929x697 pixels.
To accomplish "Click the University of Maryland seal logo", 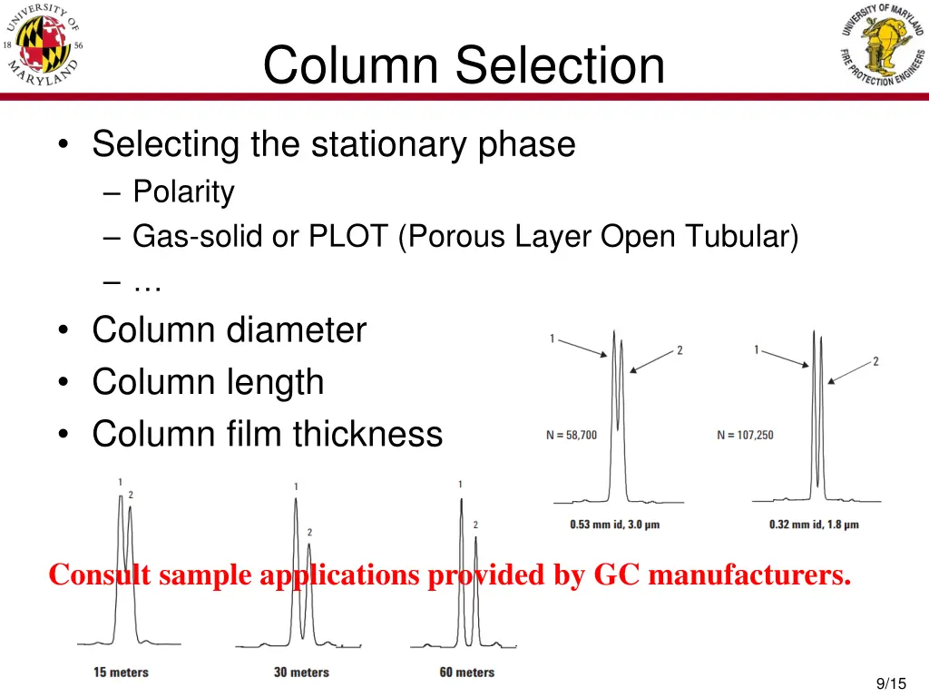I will click(44, 45).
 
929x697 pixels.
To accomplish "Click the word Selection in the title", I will click(560, 65).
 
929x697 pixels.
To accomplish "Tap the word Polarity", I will click(183, 191).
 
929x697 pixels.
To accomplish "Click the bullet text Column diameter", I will click(229, 329).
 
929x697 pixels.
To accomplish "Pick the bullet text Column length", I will click(208, 381).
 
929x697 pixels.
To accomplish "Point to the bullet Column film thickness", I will click(267, 434).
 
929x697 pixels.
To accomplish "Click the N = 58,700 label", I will click(572, 436).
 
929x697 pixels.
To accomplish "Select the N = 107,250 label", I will click(745, 436).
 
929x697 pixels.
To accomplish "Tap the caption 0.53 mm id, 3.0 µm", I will click(614, 525).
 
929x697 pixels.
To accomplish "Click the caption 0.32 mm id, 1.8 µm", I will click(814, 525).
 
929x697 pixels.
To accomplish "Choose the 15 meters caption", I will click(121, 672).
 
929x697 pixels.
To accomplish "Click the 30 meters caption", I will click(301, 672).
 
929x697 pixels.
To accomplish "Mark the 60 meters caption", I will click(467, 672).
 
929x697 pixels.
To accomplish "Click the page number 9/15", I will click(891, 683).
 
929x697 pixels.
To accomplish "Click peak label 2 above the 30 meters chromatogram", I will click(309, 532).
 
